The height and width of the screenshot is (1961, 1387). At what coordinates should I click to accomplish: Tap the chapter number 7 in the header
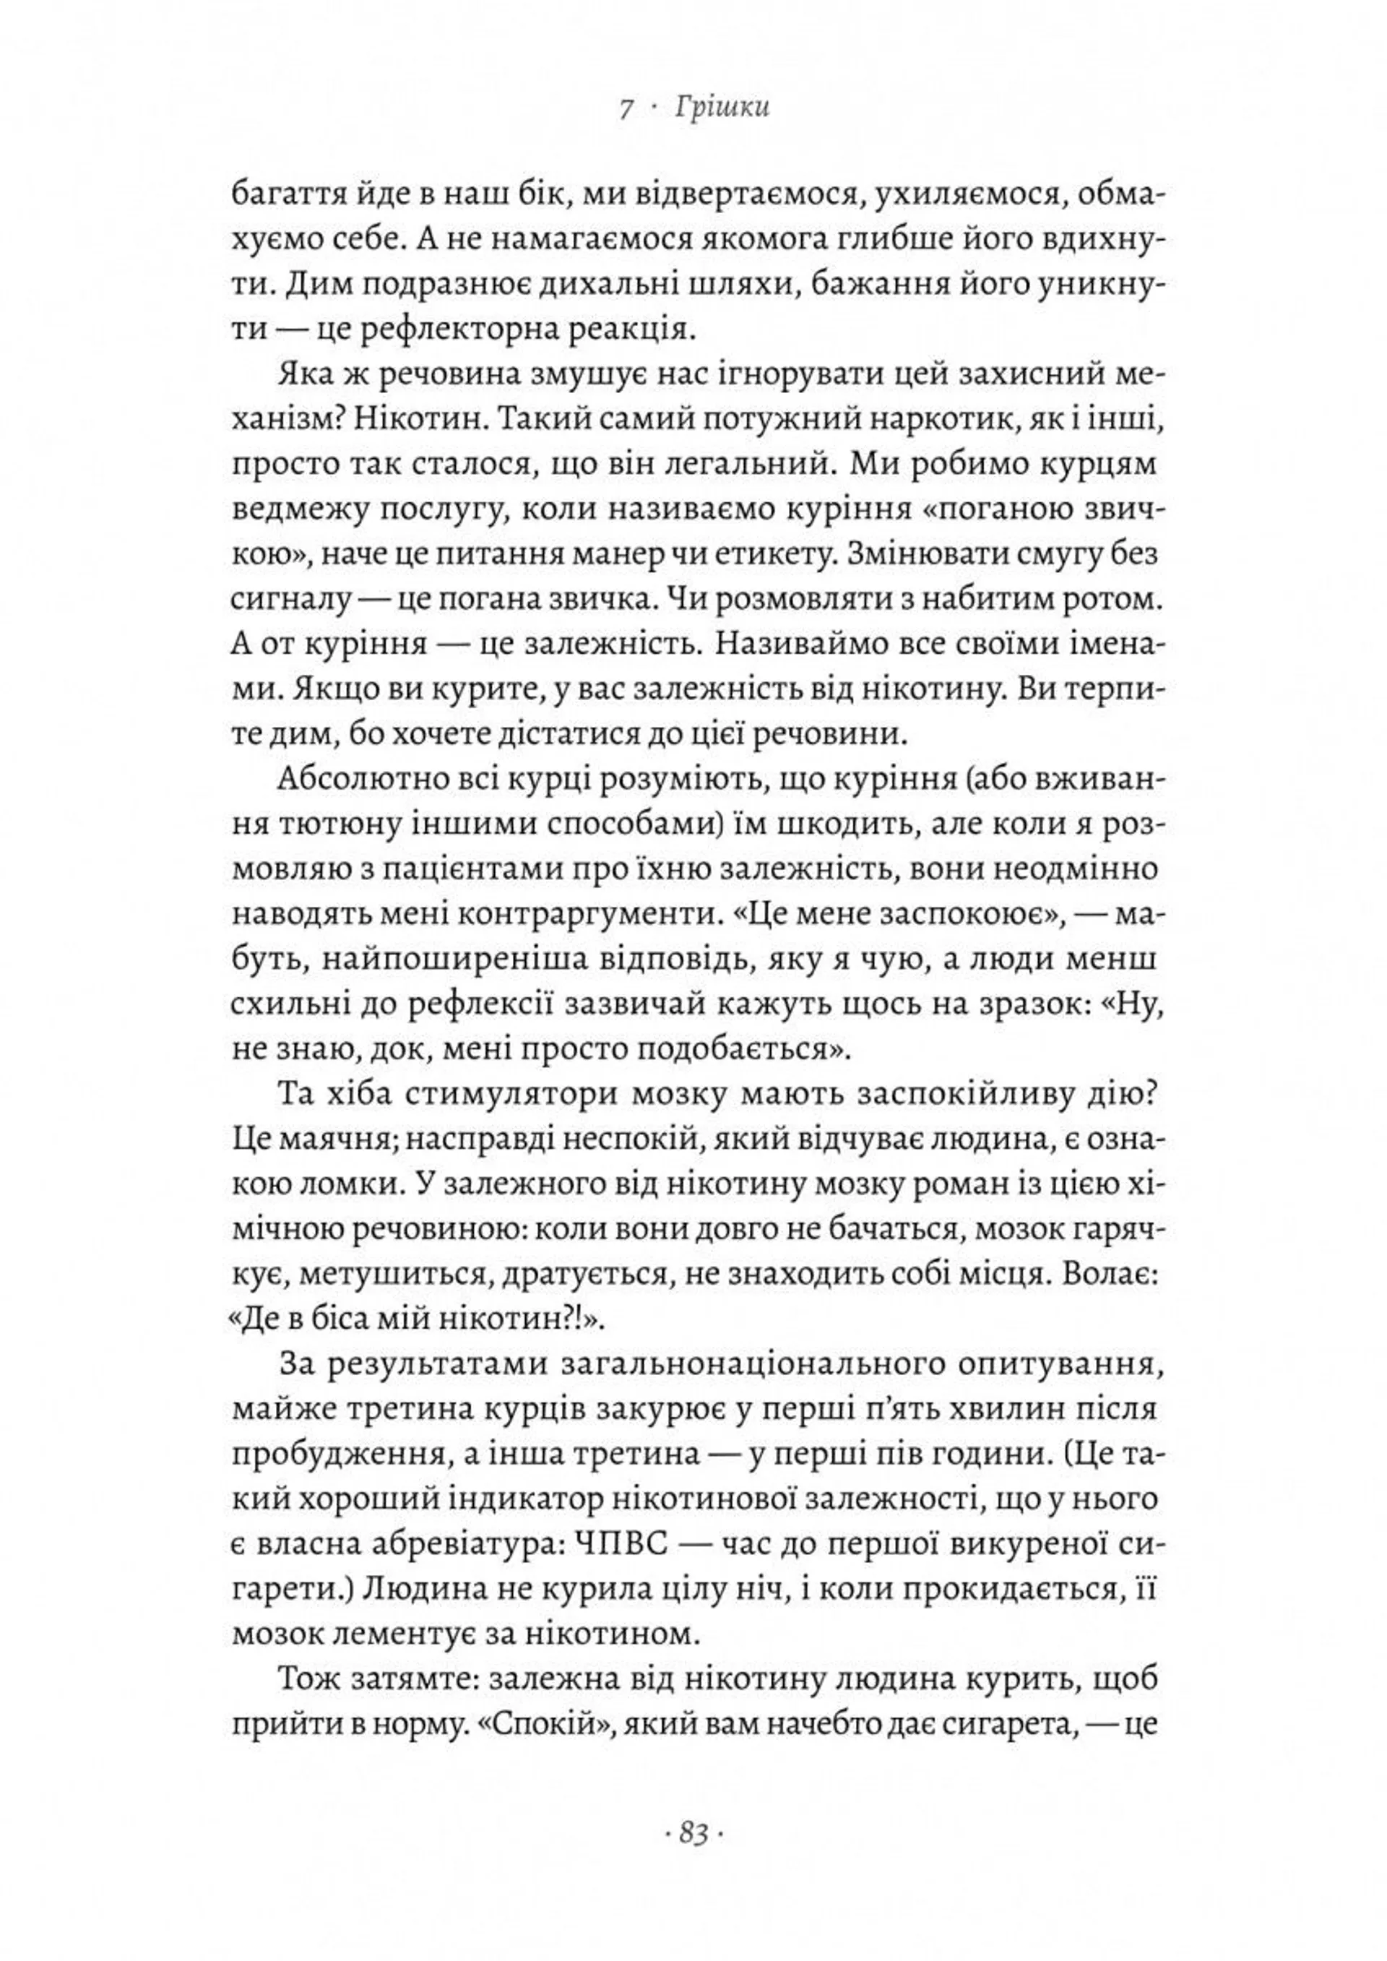(x=627, y=108)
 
